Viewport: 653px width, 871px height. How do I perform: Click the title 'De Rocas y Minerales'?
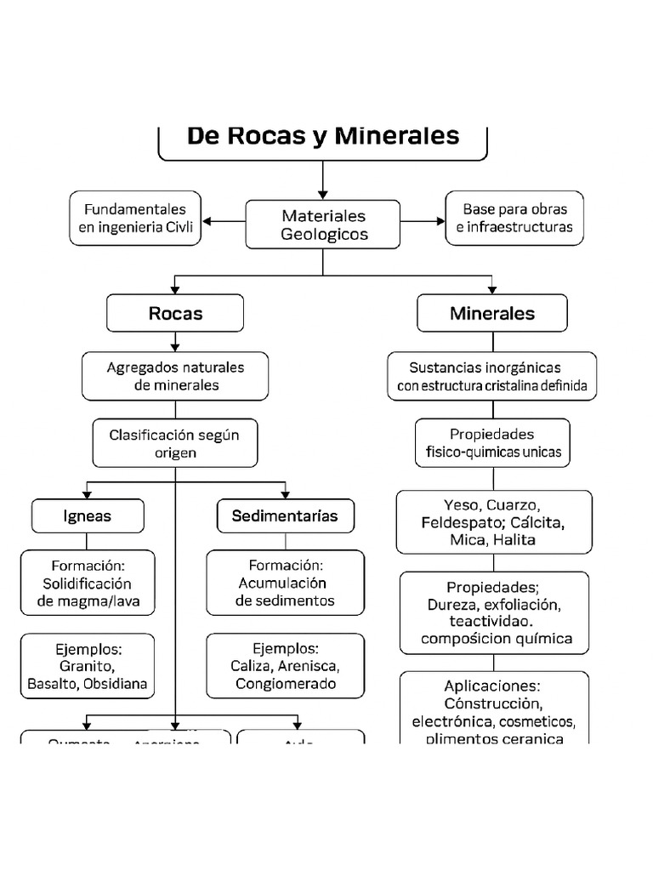click(323, 136)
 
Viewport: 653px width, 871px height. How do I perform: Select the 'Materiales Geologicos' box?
click(323, 225)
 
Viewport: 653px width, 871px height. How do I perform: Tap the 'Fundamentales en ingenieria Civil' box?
click(136, 219)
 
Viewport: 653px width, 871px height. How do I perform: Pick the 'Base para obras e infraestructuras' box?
click(514, 219)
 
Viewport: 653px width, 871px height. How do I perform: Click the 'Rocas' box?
click(175, 313)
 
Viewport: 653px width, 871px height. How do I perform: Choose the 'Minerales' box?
click(492, 313)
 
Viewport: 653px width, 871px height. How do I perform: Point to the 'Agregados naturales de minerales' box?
click(175, 376)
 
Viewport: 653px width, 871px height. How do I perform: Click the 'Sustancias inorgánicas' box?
click(492, 377)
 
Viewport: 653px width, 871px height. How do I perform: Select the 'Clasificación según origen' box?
click(175, 443)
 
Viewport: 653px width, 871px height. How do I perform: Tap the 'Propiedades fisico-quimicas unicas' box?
click(493, 443)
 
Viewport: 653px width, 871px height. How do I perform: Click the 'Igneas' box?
click(88, 516)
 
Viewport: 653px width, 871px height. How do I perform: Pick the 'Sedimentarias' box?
click(285, 516)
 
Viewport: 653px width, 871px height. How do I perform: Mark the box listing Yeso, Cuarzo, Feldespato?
click(493, 521)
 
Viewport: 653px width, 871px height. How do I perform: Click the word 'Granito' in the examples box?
click(88, 666)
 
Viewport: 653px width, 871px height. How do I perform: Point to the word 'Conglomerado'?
click(286, 684)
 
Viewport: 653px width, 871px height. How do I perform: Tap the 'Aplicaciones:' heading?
click(492, 686)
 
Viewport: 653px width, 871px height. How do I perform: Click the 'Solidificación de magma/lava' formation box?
click(88, 584)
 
